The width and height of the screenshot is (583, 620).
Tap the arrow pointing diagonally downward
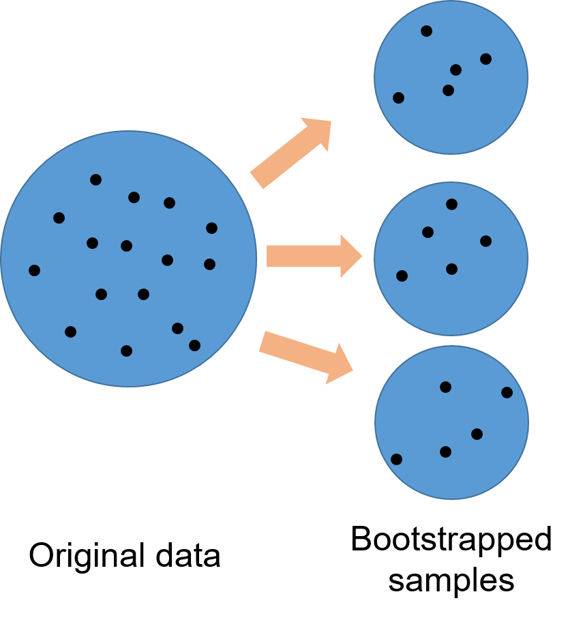pyautogui.click(x=303, y=353)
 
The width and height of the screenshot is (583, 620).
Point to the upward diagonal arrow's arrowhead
pyautogui.click(x=320, y=132)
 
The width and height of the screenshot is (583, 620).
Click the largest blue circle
pyautogui.click(x=128, y=259)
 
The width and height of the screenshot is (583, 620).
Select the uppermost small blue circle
pyautogui.click(x=451, y=77)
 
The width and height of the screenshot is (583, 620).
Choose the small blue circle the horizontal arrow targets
pyautogui.click(x=451, y=259)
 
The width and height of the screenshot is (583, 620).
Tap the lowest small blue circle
pyautogui.click(x=451, y=422)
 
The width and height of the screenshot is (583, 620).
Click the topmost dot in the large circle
pyautogui.click(x=95, y=180)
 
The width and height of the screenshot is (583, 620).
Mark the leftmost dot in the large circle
pyautogui.click(x=34, y=271)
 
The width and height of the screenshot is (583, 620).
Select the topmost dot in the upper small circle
pyautogui.click(x=426, y=31)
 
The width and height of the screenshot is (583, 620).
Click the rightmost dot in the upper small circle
pyautogui.click(x=485, y=59)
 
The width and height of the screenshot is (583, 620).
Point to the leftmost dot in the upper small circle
pyautogui.click(x=398, y=98)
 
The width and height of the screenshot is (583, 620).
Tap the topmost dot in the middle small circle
pyautogui.click(x=451, y=204)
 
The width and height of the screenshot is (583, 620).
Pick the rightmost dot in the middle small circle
pyautogui.click(x=485, y=241)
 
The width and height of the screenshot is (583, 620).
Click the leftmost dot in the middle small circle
pyautogui.click(x=402, y=276)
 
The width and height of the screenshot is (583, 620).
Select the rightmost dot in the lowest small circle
pyautogui.click(x=507, y=392)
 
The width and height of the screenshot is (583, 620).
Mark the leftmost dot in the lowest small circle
pyautogui.click(x=396, y=460)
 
